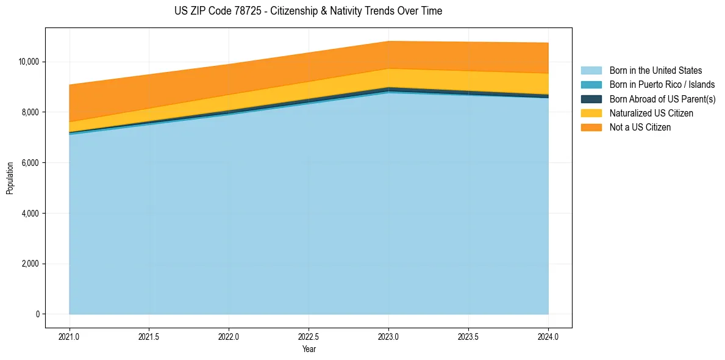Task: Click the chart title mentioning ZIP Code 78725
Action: tap(308, 11)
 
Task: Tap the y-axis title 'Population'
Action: tap(10, 178)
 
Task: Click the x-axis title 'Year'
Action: tap(309, 349)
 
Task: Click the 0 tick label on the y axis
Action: tap(37, 314)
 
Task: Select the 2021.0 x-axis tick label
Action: tap(69, 336)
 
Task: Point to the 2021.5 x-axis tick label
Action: tap(149, 336)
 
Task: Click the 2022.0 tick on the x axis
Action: tap(229, 336)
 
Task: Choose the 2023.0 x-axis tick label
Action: tap(388, 336)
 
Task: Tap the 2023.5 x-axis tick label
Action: tap(468, 336)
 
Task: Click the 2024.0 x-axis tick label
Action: tap(548, 336)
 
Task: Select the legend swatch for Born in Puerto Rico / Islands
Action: tap(591, 85)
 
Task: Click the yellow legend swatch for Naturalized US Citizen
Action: tap(591, 113)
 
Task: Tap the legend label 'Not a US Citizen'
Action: tap(640, 128)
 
